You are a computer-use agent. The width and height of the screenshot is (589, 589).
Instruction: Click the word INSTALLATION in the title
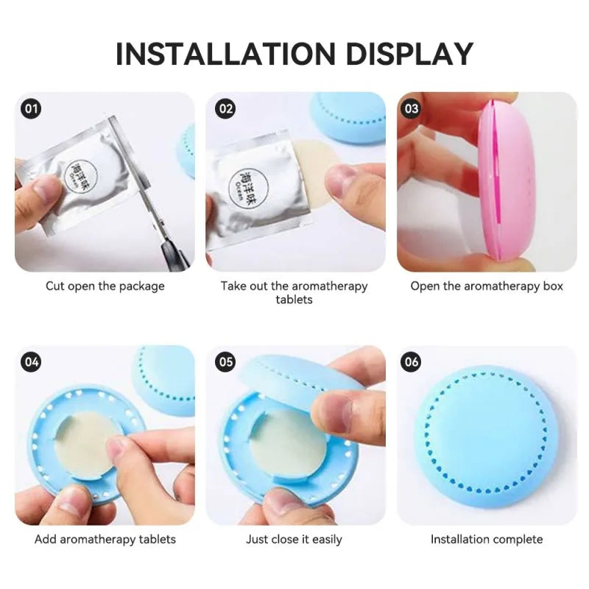point(225,53)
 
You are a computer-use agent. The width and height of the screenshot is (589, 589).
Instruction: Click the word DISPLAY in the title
point(409,53)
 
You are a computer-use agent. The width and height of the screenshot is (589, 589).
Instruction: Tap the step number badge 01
point(31,108)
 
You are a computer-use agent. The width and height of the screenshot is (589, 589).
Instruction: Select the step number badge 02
point(225,108)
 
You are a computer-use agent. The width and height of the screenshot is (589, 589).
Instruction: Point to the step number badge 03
point(411,108)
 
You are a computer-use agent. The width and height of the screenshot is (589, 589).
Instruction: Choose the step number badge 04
point(31,361)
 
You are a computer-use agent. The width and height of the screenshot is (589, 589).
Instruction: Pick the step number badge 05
point(225,361)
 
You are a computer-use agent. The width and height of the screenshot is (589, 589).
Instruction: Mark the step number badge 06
point(411,361)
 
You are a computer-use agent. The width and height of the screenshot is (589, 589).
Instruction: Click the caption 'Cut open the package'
point(105,286)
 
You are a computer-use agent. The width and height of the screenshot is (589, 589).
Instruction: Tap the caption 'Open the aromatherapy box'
point(487,286)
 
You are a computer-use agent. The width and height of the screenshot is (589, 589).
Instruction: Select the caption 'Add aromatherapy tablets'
point(105,540)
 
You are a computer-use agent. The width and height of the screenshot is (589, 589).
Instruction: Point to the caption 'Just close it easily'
point(294,540)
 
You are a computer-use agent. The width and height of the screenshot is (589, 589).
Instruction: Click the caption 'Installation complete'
point(487,540)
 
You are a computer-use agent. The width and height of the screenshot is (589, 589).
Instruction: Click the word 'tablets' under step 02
point(294,300)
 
